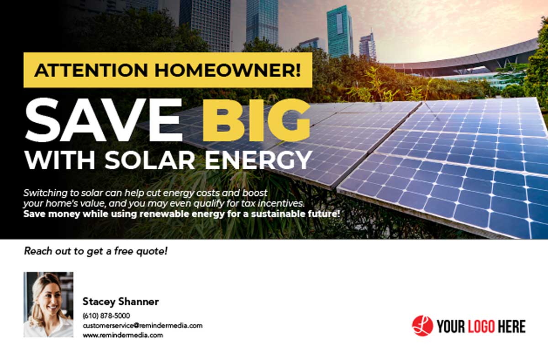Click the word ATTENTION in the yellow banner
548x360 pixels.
[x=91, y=70]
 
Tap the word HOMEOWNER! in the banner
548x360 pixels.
[x=228, y=70]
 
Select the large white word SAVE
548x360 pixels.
[x=104, y=120]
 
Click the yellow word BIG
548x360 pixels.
[x=257, y=120]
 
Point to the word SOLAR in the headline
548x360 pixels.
[x=150, y=160]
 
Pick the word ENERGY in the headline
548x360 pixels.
[x=258, y=160]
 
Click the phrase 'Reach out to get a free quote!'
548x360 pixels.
[x=95, y=251]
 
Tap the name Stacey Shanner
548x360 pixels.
[x=121, y=302]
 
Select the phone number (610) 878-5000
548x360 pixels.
[x=106, y=316]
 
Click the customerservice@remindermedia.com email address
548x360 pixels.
[x=142, y=325]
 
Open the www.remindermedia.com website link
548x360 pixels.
[x=123, y=335]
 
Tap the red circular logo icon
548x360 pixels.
[x=422, y=326]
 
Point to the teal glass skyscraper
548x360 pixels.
[x=340, y=32]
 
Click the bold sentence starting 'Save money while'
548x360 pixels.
[x=182, y=214]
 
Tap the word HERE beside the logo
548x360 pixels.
[x=511, y=326]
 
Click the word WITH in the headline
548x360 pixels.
[x=60, y=160]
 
